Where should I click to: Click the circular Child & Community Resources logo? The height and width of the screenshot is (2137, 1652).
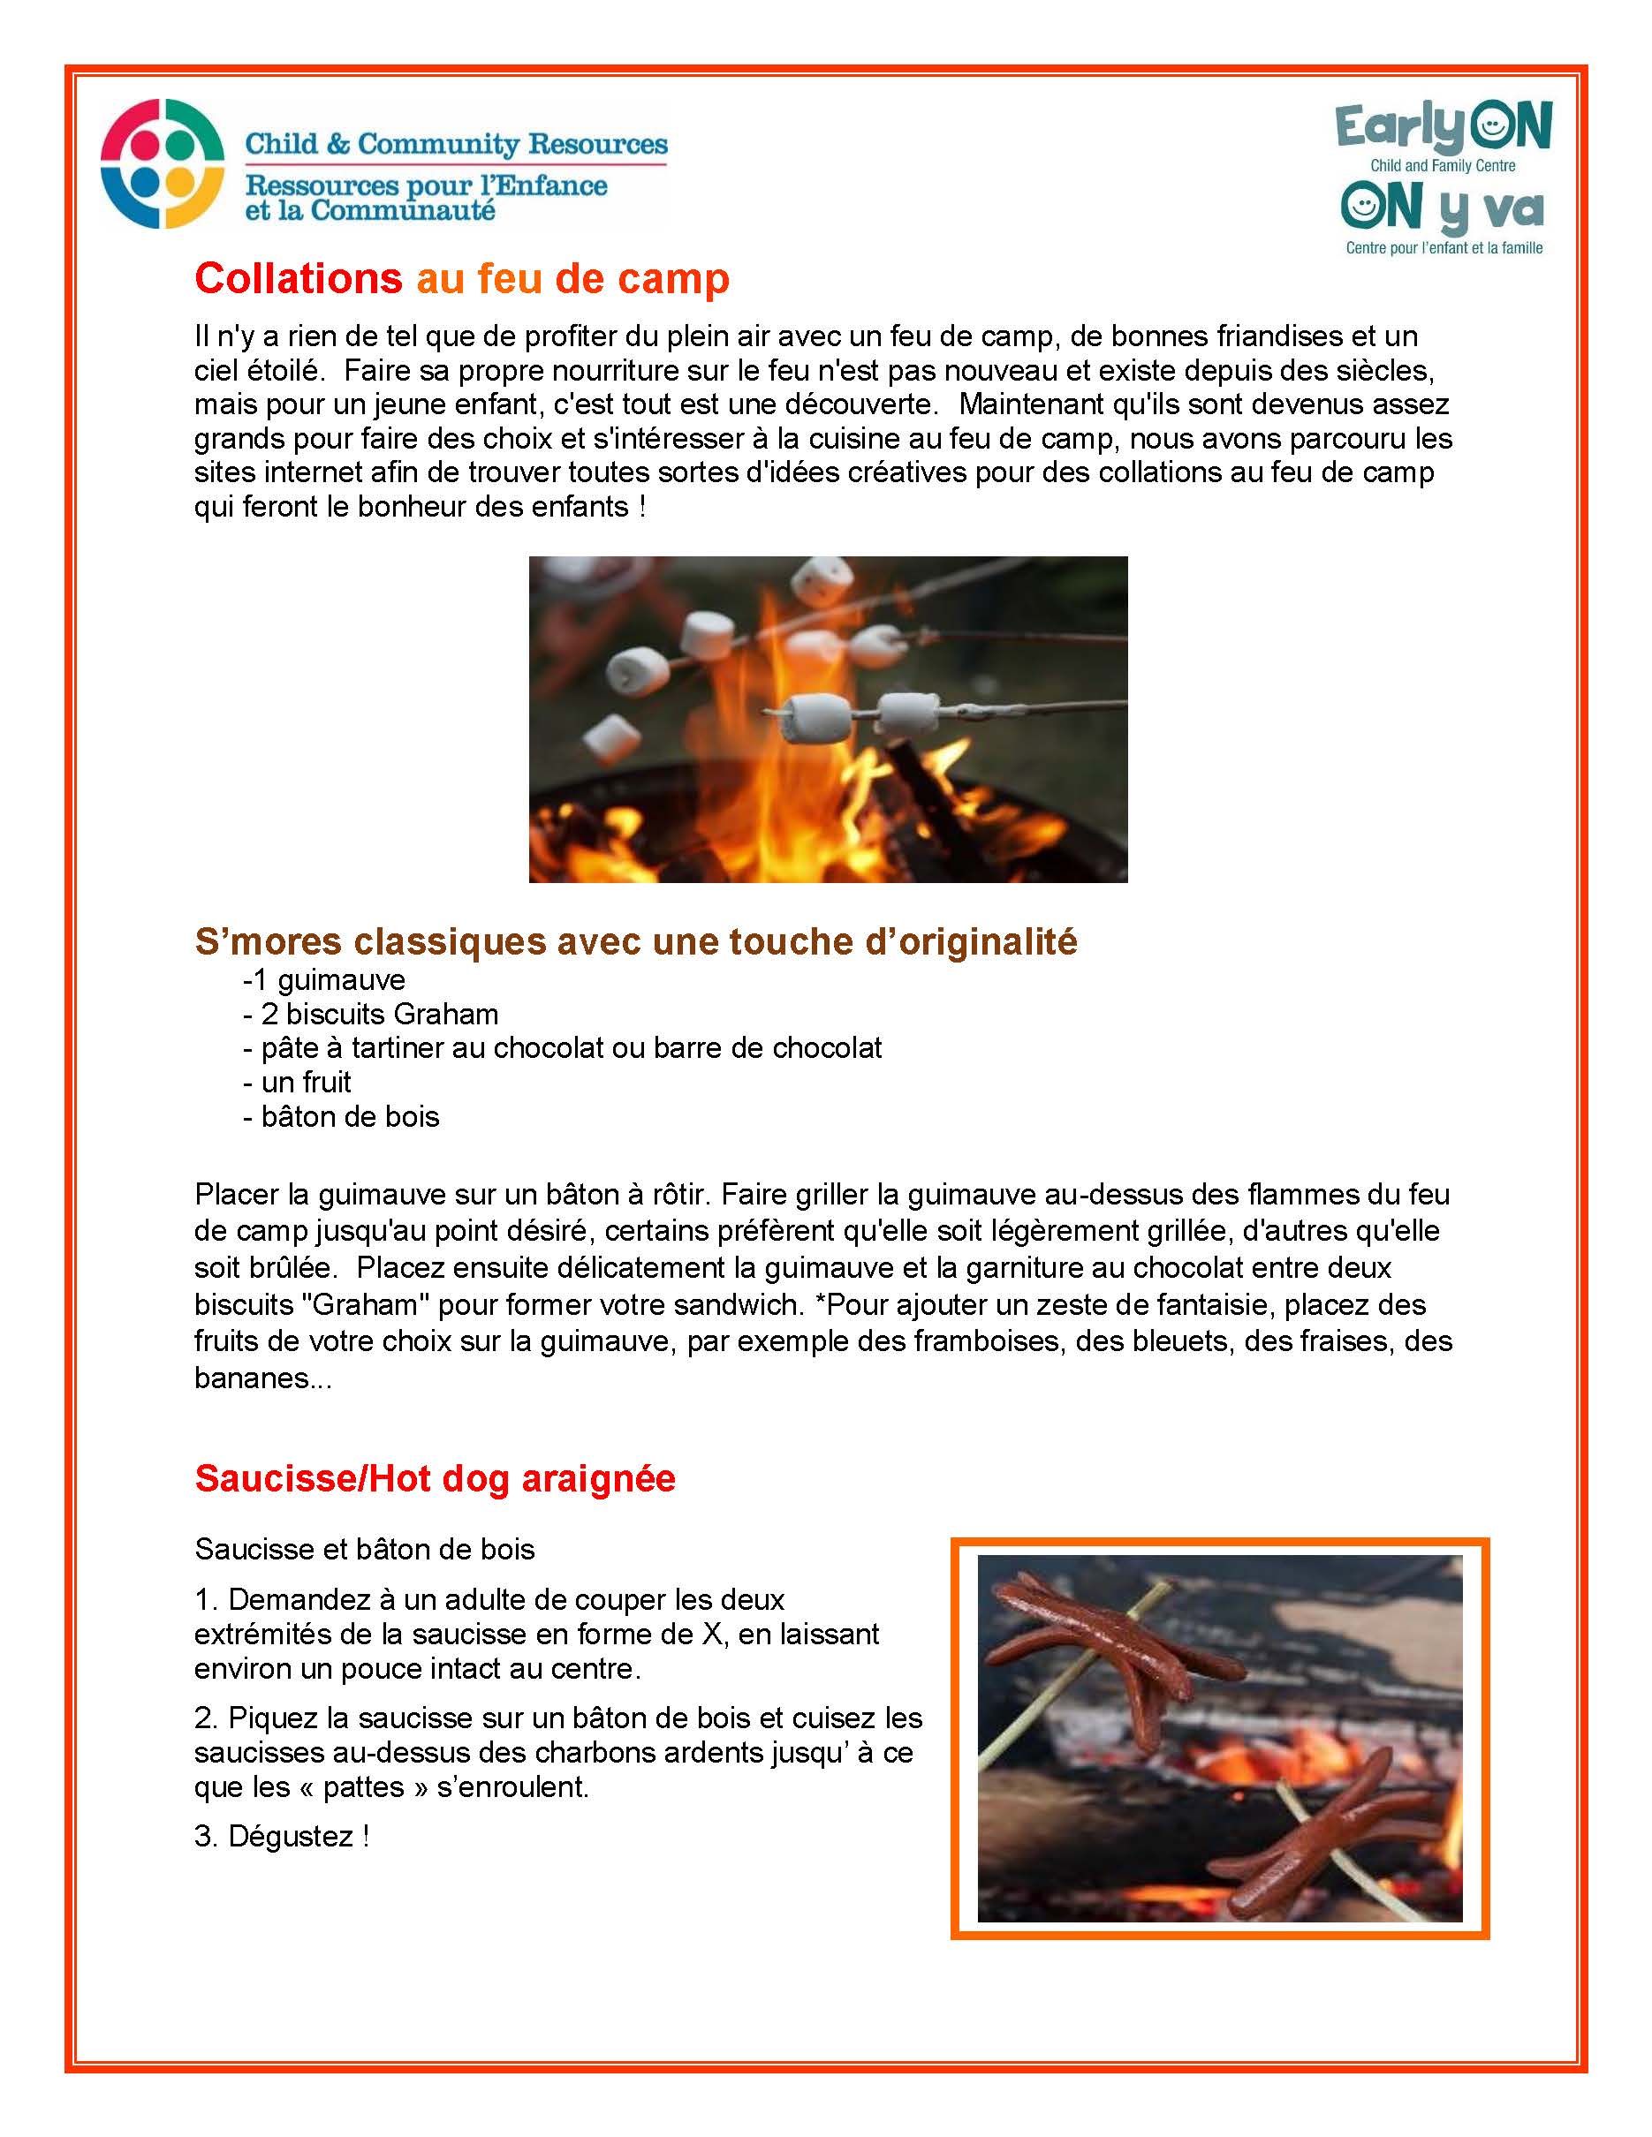point(163,163)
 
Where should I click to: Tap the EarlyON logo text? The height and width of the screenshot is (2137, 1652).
point(1443,127)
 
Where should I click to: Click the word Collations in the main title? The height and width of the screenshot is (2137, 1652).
point(298,279)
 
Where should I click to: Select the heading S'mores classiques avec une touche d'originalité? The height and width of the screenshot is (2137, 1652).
point(635,941)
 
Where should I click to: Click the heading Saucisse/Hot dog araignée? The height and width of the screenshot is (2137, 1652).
point(435,1477)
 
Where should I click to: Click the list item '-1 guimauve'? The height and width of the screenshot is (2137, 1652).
point(324,979)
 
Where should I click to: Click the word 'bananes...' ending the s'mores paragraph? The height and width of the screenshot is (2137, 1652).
point(262,1378)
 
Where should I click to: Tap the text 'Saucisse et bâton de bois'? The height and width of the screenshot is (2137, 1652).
point(364,1549)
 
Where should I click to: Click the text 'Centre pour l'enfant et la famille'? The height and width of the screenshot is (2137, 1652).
point(1444,248)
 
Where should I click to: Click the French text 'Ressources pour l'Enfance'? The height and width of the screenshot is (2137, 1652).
point(426,185)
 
